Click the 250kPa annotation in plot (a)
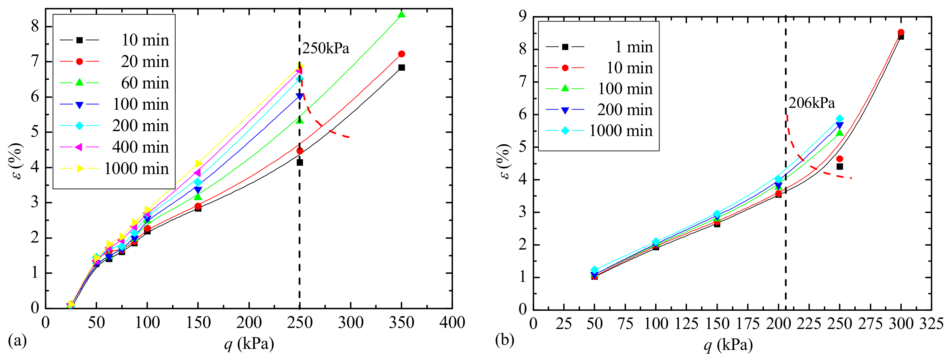point(326,49)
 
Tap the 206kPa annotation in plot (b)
point(812,103)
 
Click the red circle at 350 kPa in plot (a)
point(402,54)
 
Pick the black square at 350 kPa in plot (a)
point(402,67)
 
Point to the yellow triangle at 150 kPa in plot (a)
point(198,163)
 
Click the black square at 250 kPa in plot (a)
point(300,162)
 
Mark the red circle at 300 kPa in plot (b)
point(901,32)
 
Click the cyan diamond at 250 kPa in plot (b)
point(840,119)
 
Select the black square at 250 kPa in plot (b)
point(840,167)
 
